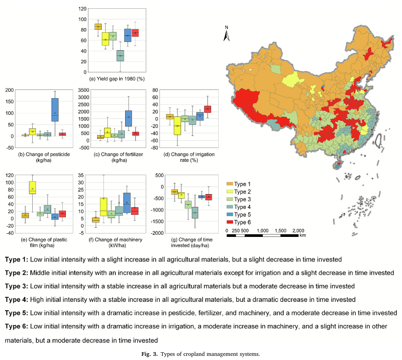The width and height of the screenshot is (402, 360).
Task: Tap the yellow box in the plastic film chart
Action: click(33, 187)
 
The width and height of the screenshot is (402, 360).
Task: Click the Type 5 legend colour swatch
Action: click(229, 214)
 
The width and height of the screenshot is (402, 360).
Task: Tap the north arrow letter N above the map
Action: click(226, 27)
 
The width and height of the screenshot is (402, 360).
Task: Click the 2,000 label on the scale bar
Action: click(298, 230)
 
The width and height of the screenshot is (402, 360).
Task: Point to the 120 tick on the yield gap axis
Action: click(83, 9)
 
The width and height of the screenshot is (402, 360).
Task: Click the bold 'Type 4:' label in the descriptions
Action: click(17, 299)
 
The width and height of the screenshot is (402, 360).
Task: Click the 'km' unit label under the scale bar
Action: click(303, 235)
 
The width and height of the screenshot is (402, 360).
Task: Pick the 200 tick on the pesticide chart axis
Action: click(9, 90)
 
